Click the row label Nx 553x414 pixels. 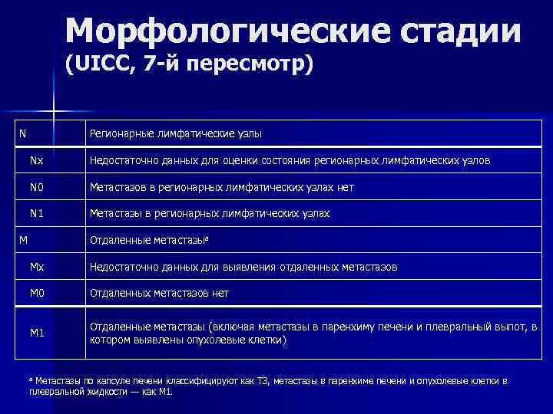(x=37, y=161)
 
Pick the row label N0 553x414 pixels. (x=37, y=187)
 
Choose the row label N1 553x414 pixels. (x=37, y=213)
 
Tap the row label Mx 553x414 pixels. (x=37, y=267)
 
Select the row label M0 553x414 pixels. (x=37, y=293)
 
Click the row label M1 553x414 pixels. (x=37, y=332)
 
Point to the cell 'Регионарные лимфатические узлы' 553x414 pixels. (x=176, y=134)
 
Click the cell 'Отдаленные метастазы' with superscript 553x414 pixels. (x=149, y=240)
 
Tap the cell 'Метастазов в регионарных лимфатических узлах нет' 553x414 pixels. (x=222, y=187)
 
